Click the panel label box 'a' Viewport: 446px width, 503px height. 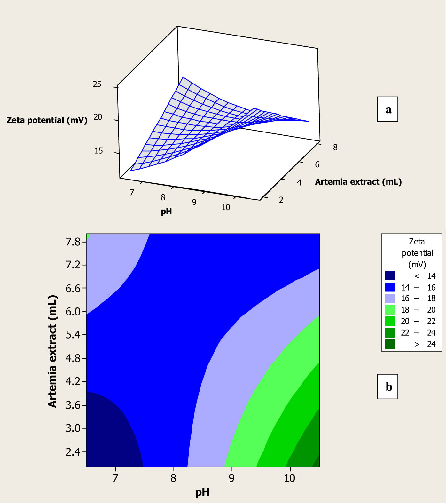(x=387, y=109)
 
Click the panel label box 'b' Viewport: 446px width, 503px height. (x=387, y=387)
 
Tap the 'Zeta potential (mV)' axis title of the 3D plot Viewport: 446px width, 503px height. (x=47, y=120)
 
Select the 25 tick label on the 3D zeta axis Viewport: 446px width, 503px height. (x=97, y=84)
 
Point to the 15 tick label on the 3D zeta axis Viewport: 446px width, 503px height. (x=98, y=150)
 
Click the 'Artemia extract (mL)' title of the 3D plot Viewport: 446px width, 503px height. (x=358, y=182)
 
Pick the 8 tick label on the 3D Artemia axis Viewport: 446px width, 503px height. (x=335, y=148)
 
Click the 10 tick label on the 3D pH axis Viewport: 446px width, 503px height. (x=226, y=207)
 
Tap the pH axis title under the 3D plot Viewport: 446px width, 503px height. (x=166, y=211)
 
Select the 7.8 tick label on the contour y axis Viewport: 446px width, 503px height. (x=73, y=242)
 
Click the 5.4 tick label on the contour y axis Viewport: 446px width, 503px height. (x=73, y=335)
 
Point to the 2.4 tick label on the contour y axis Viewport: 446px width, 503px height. (x=73, y=451)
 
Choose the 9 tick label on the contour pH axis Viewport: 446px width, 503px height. (x=231, y=478)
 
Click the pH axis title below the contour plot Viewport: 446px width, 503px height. (x=202, y=492)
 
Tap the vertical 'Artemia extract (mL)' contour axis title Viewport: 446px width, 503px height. (x=52, y=351)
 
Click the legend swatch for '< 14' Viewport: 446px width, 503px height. (x=390, y=276)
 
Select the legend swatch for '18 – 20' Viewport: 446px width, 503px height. (x=390, y=310)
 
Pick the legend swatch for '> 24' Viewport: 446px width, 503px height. (x=390, y=344)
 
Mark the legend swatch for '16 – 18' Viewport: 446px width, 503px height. (x=390, y=299)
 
